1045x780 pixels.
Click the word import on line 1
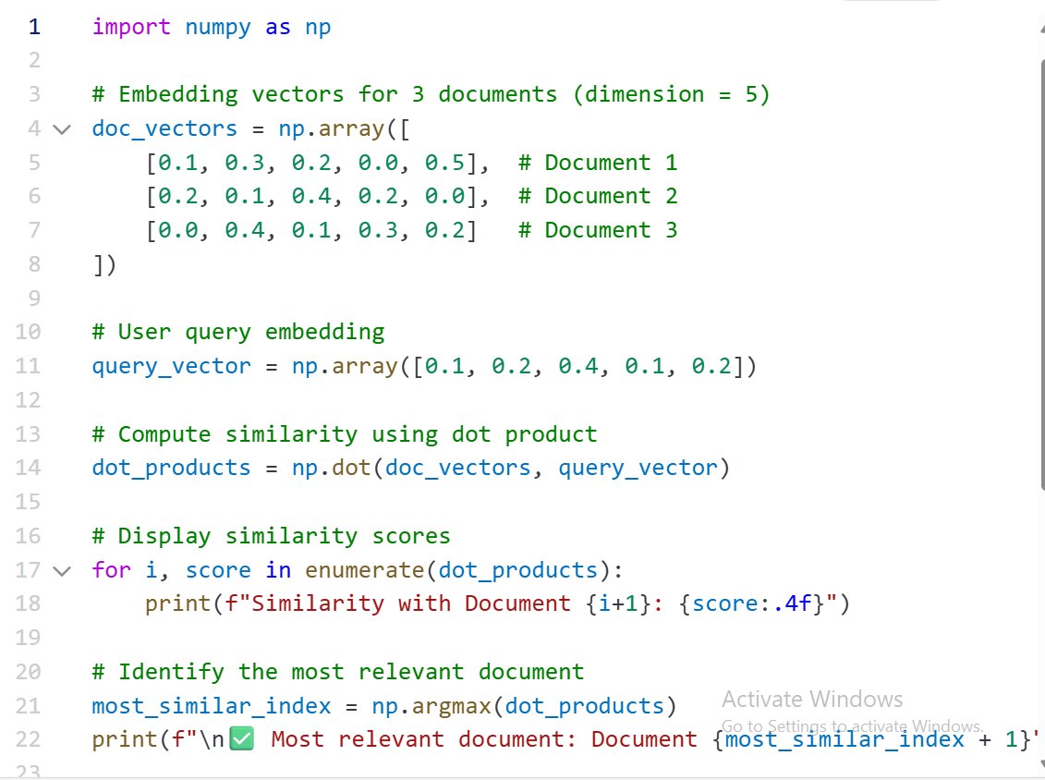click(131, 27)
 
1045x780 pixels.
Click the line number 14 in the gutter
click(29, 468)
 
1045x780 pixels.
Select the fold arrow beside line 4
click(62, 129)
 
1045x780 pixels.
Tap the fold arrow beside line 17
click(62, 570)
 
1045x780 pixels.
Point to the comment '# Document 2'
click(598, 196)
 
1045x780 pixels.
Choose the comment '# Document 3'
click(598, 230)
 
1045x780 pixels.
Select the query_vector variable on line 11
click(171, 366)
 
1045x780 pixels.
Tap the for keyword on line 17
click(111, 570)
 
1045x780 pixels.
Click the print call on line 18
click(177, 604)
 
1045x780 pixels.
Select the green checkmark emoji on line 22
click(241, 740)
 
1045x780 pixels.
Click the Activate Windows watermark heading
click(812, 699)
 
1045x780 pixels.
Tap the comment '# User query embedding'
click(237, 332)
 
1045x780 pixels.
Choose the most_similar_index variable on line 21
click(211, 707)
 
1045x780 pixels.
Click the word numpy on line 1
click(218, 27)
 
